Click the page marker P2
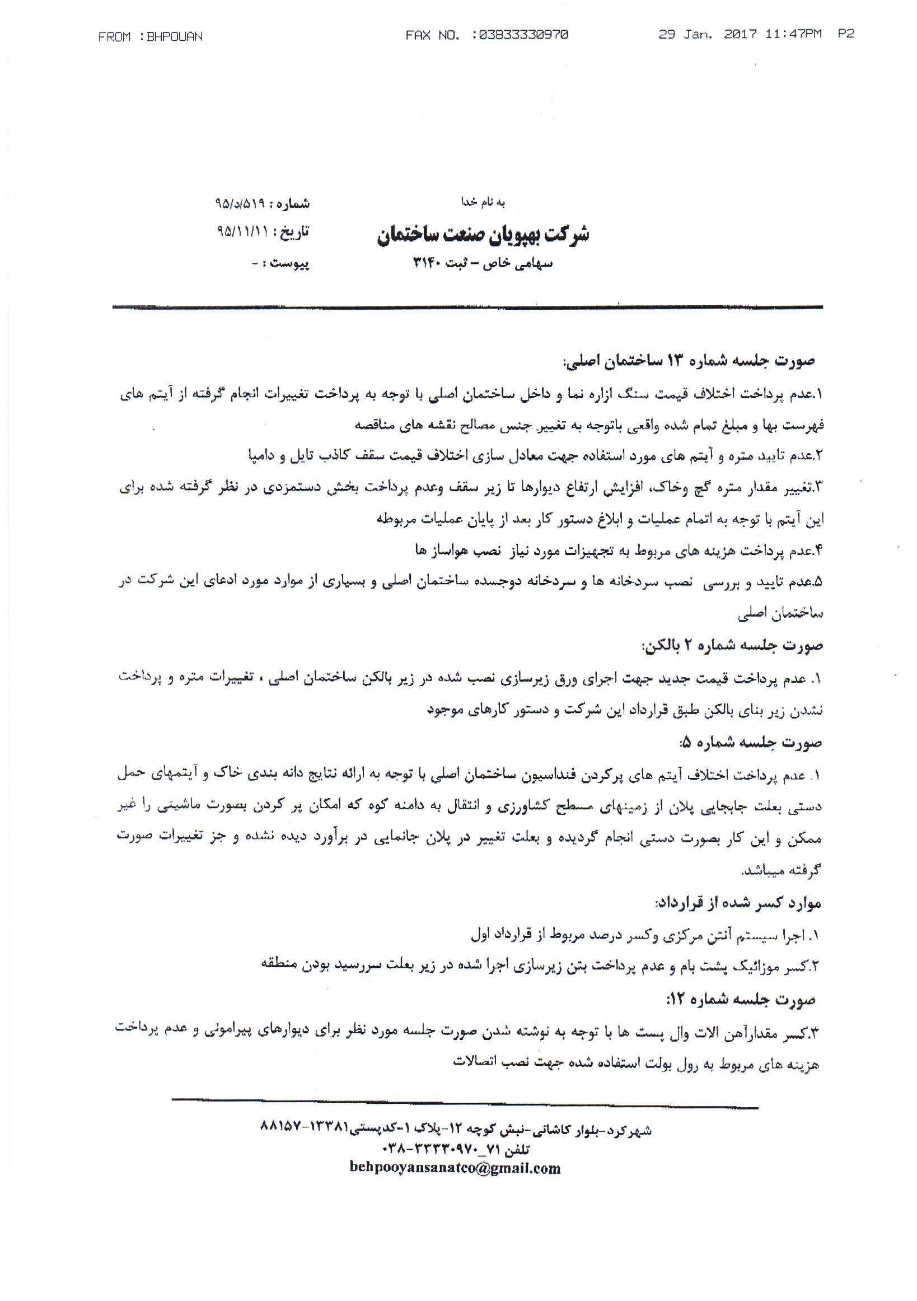tap(846, 35)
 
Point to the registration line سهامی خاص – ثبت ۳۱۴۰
tap(483, 263)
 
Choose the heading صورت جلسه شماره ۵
tap(750, 743)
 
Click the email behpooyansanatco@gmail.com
tap(455, 1168)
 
